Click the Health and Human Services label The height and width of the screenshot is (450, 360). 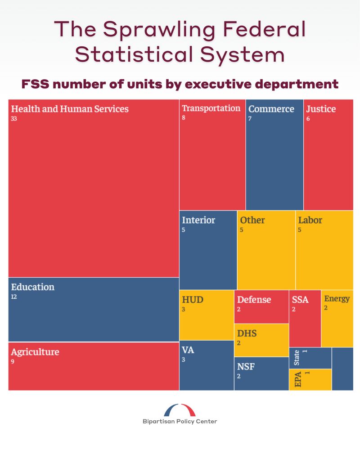(x=70, y=109)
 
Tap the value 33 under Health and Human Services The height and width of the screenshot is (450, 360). (x=14, y=119)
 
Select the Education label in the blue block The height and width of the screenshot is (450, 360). (x=32, y=287)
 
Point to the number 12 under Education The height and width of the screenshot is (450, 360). (x=13, y=297)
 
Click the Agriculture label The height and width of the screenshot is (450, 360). (x=35, y=352)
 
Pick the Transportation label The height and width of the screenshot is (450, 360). (x=211, y=108)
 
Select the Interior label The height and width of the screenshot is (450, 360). (x=198, y=220)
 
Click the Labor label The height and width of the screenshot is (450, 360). (x=310, y=220)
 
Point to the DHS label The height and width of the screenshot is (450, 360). (x=247, y=333)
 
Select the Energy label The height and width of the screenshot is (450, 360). (x=337, y=299)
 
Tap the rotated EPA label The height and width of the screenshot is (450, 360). (x=297, y=379)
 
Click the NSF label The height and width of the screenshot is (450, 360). (x=246, y=366)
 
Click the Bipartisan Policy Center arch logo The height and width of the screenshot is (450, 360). (x=180, y=410)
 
